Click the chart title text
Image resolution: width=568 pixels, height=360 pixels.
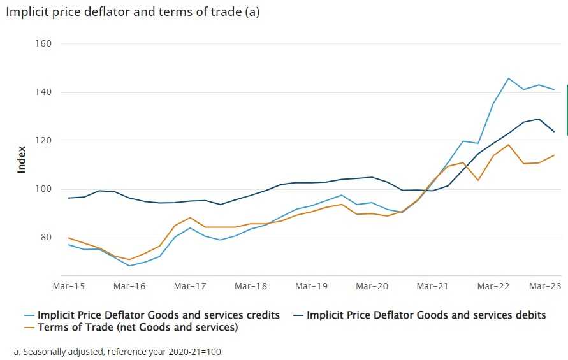pyautogui.click(x=133, y=12)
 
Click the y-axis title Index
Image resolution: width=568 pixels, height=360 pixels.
pyautogui.click(x=22, y=159)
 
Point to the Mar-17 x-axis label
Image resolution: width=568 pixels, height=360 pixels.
pyautogui.click(x=189, y=287)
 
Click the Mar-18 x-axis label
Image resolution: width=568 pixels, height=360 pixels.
pyautogui.click(x=251, y=287)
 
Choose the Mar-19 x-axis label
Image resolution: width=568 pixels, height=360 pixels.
pyautogui.click(x=311, y=287)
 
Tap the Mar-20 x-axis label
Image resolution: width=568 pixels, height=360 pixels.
pyautogui.click(x=372, y=287)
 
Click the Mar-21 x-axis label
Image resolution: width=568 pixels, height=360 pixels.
pyautogui.click(x=432, y=287)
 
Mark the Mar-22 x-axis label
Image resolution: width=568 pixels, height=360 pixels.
pyautogui.click(x=493, y=287)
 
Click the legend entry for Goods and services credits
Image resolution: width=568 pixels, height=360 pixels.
pyautogui.click(x=159, y=315)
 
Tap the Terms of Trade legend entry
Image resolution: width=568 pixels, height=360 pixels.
pyautogui.click(x=138, y=328)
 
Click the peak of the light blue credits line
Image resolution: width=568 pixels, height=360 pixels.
pyautogui.click(x=508, y=78)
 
